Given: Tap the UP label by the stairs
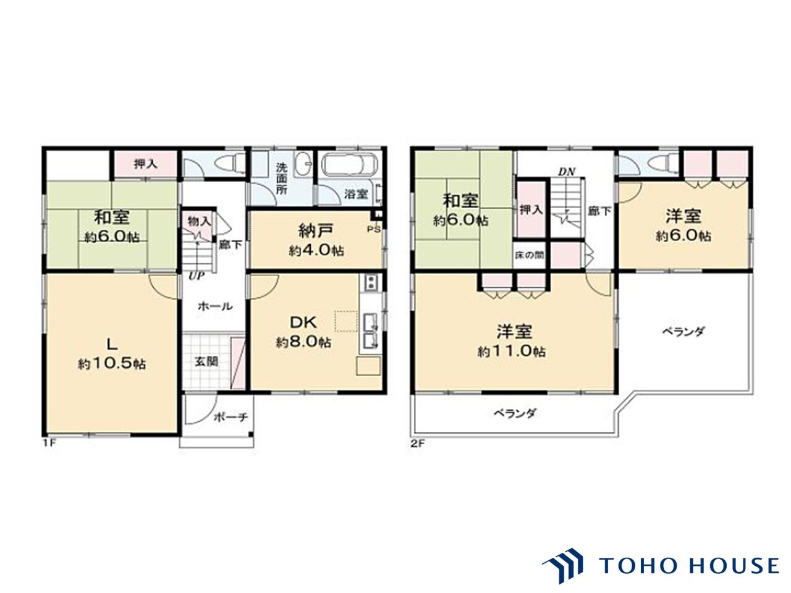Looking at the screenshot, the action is (x=197, y=276).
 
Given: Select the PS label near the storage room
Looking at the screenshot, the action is (x=374, y=229).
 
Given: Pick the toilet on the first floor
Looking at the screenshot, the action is (x=228, y=164).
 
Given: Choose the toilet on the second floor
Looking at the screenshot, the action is (x=664, y=164).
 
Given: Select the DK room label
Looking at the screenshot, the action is (x=303, y=322).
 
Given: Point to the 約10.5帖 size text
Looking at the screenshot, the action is (x=112, y=364).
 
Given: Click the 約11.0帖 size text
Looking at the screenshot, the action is (x=512, y=351).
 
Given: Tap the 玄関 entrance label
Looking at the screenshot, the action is (x=206, y=361).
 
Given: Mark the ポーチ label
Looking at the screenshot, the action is (x=231, y=418).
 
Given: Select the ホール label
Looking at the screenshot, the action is (x=215, y=306).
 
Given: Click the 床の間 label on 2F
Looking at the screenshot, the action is (x=530, y=255).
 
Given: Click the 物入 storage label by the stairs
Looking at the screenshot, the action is (x=198, y=222).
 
